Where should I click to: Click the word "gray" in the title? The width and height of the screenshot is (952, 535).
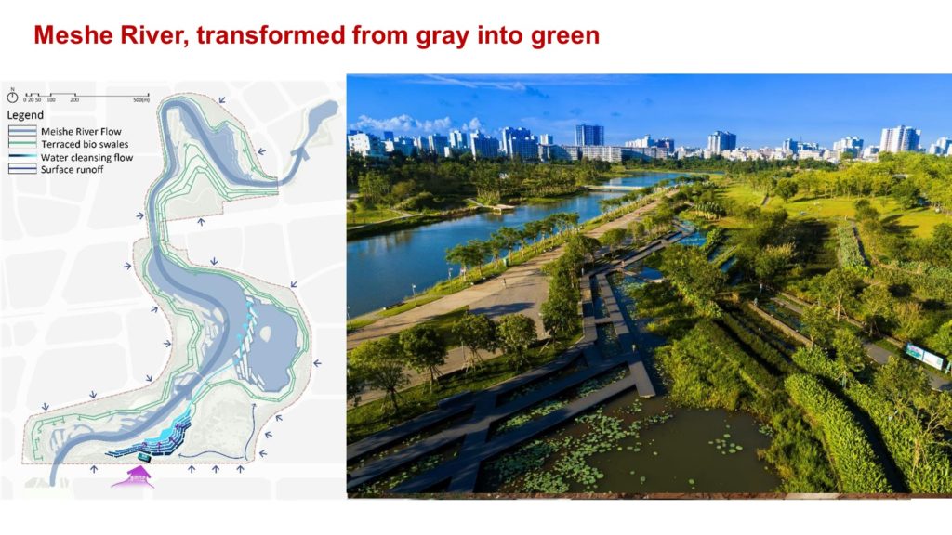[x=442, y=36]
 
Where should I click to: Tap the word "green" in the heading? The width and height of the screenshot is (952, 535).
[x=564, y=36]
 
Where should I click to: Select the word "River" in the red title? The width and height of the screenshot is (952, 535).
[x=152, y=35]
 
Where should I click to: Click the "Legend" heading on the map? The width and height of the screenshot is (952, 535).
[x=25, y=115]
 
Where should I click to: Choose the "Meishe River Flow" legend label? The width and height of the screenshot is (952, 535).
[x=81, y=132]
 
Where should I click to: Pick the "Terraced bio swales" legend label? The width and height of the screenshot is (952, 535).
[x=85, y=144]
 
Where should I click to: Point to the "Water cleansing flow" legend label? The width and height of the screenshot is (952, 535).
[x=86, y=158]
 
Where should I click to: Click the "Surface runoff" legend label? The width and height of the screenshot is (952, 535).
[x=72, y=170]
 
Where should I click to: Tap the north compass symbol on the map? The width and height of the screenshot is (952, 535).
[x=12, y=97]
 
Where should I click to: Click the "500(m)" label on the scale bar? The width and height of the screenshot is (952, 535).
[x=141, y=100]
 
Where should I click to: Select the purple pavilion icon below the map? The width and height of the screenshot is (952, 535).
[x=132, y=477]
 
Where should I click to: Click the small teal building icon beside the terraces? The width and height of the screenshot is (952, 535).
[x=144, y=457]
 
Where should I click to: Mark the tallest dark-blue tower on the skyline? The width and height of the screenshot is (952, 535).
[x=588, y=136]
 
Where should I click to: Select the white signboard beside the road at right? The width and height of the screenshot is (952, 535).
[x=925, y=356]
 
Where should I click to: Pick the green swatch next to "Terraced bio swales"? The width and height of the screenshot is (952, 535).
[x=22, y=144]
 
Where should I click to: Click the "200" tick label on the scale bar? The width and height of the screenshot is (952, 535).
[x=74, y=100]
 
